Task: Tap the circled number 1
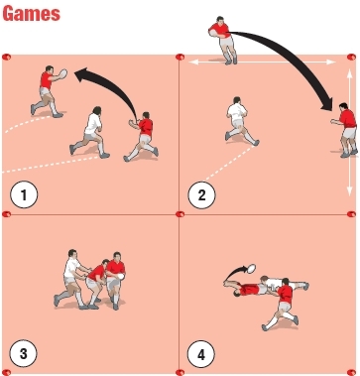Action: coord(23,194)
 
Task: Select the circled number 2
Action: coord(202,194)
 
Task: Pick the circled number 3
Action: coord(23,352)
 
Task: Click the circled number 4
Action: coord(202,352)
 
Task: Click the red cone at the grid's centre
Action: coord(180,213)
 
